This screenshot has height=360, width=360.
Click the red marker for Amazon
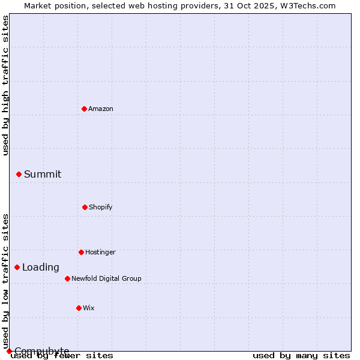point(84,109)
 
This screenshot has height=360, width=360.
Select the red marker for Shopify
point(85,207)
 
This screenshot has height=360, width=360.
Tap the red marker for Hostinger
point(81,252)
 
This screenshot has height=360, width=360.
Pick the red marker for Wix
point(79,308)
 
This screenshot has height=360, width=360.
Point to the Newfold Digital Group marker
point(67,278)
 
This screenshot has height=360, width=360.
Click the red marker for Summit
point(19,174)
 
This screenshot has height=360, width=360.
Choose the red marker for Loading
point(17,267)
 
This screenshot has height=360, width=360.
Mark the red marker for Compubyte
point(9,351)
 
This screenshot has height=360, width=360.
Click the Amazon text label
point(101,109)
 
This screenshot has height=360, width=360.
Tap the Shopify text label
point(101,207)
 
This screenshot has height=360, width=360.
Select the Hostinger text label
point(100,252)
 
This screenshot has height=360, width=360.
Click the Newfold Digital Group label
point(106,278)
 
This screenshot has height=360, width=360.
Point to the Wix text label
point(89,308)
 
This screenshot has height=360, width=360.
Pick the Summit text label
point(43,174)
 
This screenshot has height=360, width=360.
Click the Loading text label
point(41,267)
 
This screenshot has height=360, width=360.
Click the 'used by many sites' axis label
point(301,355)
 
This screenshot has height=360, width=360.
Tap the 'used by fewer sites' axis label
point(62,355)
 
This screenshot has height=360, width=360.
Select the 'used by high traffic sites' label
point(5,85)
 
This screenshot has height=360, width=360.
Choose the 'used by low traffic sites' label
point(5,281)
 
